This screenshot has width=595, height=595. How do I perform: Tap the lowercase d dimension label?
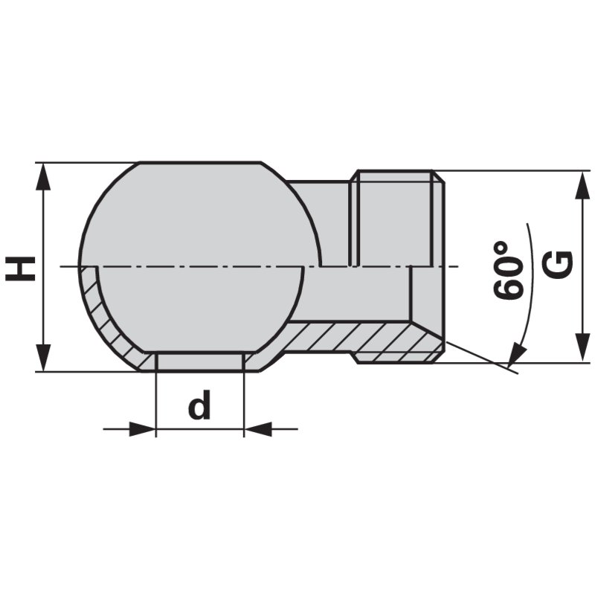pyautogui.click(x=199, y=406)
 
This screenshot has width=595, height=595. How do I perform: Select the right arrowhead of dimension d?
pyautogui.click(x=257, y=429)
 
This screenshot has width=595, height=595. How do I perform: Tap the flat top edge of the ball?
pyautogui.click(x=201, y=163)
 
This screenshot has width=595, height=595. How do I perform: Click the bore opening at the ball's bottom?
pyautogui.click(x=200, y=361)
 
